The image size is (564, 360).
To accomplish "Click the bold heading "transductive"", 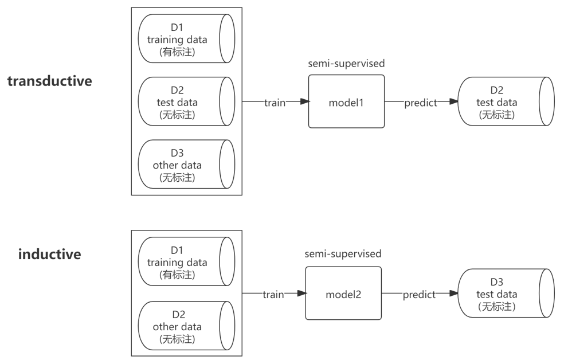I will tap(49, 81).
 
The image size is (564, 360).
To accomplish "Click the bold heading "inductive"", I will tap(49, 254).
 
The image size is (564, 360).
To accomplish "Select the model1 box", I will tap(346, 101).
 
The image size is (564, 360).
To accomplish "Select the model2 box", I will tap(343, 294).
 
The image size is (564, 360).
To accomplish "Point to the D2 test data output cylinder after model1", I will tap(505, 101).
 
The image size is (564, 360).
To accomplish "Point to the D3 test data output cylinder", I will tap(505, 294).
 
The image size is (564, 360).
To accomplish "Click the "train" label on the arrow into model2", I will tap(273, 295).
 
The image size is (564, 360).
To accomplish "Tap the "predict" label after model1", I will tap(420, 103).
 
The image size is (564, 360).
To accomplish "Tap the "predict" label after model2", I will tap(418, 295).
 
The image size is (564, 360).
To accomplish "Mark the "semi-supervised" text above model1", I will tap(346, 64).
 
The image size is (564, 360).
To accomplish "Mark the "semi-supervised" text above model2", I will tap(343, 253).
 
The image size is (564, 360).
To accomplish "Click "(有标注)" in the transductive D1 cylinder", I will tap(177, 52).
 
